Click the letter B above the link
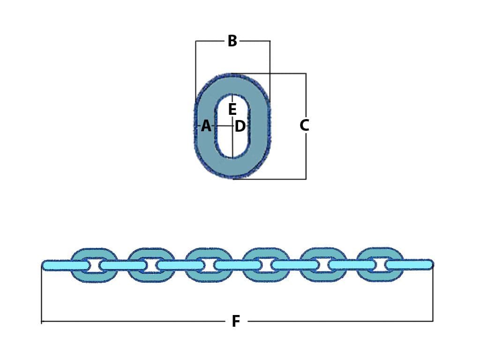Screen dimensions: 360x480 [232, 41]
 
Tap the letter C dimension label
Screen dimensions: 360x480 [304, 126]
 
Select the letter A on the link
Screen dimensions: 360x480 [206, 126]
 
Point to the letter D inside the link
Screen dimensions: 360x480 [240, 126]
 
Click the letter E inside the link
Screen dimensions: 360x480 [232, 110]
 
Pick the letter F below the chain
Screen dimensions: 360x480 [236, 322]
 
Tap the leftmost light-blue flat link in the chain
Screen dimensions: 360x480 [66, 265]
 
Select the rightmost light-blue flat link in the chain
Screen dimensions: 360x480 [409, 264]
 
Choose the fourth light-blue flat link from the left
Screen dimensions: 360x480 [238, 265]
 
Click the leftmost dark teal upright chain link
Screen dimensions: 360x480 [94, 253]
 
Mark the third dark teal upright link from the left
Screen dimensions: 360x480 [209, 253]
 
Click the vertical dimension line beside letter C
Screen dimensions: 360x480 [306, 155]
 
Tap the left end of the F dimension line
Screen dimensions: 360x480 [42, 322]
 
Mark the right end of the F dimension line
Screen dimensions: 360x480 [433, 321]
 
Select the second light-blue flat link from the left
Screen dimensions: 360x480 [123, 265]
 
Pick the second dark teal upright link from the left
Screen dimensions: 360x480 [151, 253]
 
